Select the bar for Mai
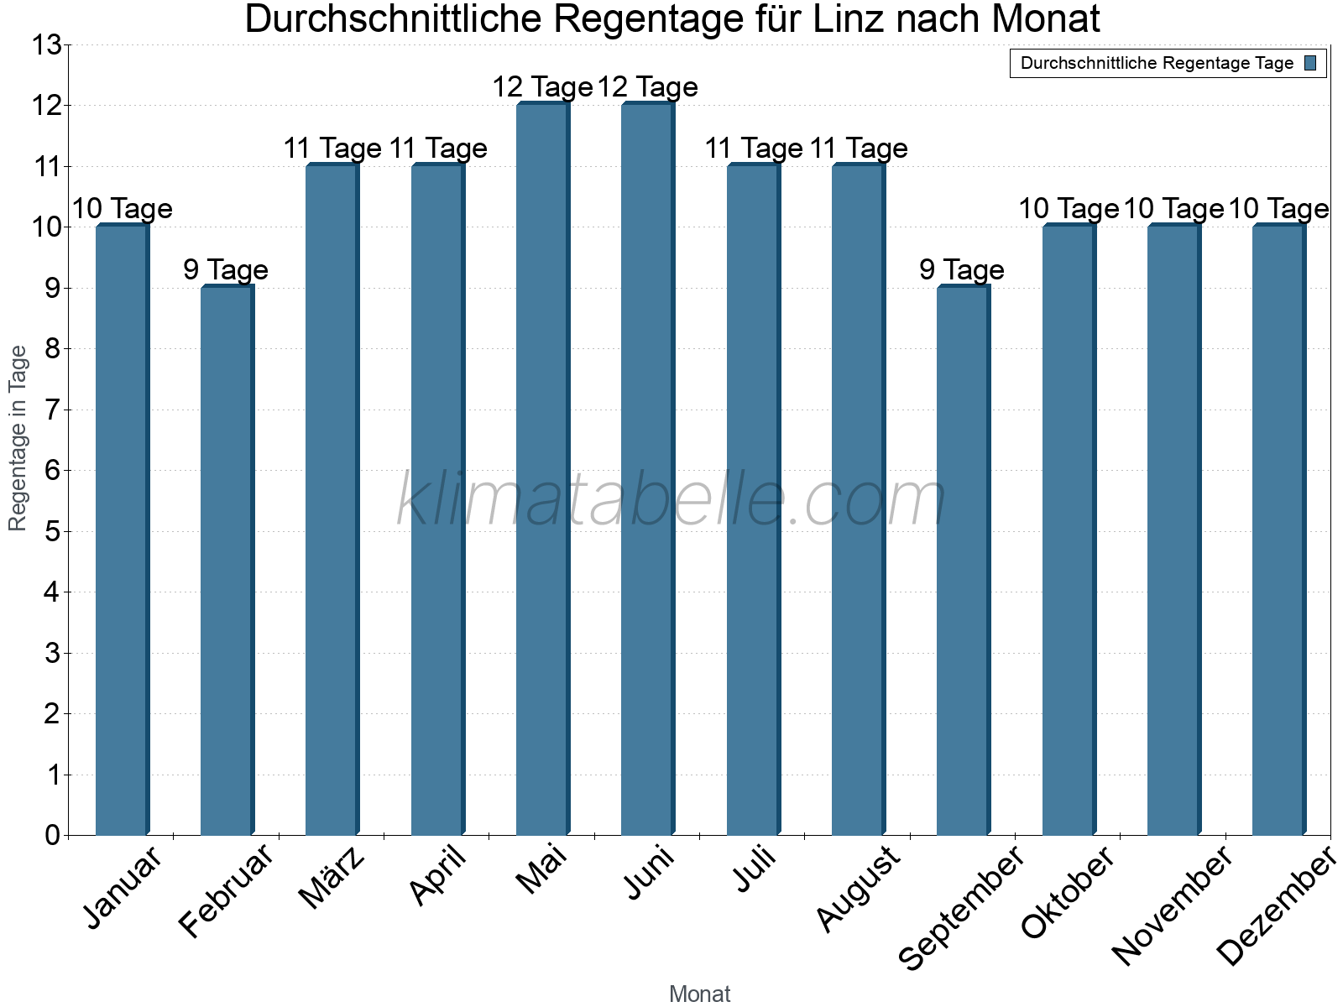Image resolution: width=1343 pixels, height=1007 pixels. click(x=542, y=470)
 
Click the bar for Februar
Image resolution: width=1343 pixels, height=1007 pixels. click(x=227, y=561)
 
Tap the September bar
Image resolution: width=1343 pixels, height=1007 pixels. click(x=963, y=561)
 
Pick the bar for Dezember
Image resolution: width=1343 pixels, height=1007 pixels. click(x=1278, y=530)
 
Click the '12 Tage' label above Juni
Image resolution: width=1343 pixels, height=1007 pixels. click(x=647, y=87)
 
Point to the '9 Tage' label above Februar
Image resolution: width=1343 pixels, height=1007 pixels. click(x=226, y=270)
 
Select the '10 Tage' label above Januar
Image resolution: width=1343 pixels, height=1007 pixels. click(x=122, y=209)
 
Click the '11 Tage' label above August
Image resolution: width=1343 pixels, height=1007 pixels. click(x=858, y=149)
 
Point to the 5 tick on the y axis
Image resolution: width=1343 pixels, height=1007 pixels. click(x=53, y=532)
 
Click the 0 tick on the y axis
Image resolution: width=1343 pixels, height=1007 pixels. click(x=53, y=836)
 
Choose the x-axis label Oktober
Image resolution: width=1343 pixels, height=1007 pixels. click(x=1068, y=891)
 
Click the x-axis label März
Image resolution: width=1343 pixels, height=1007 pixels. click(x=332, y=878)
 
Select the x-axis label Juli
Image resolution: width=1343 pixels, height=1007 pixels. click(x=755, y=869)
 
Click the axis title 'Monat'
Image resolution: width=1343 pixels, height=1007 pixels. click(x=699, y=994)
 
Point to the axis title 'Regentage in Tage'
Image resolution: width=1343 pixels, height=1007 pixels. click(x=18, y=438)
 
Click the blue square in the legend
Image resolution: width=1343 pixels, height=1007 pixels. click(x=1310, y=63)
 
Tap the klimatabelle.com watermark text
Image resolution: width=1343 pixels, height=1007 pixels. click(x=671, y=501)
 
